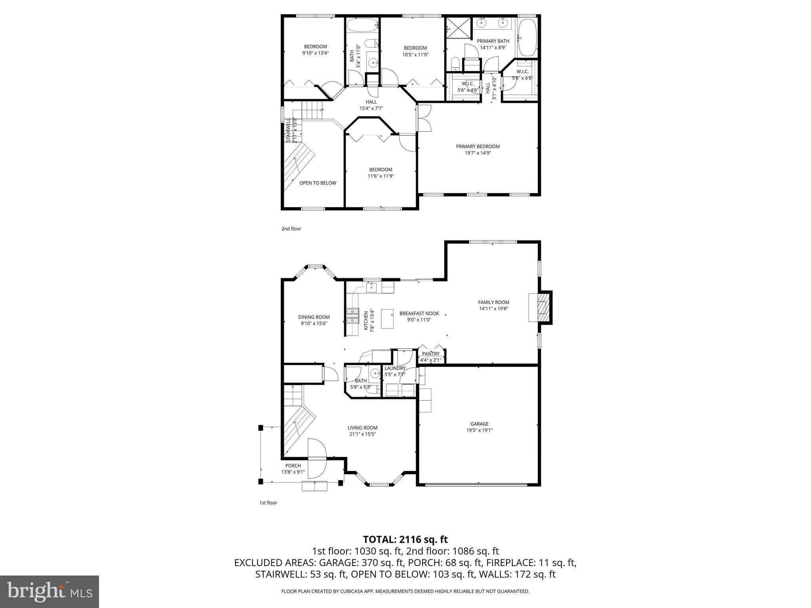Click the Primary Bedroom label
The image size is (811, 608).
[478, 146]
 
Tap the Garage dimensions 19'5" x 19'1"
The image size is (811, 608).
[479, 430]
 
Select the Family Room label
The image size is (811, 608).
[493, 302]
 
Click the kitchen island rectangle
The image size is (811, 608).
[387, 319]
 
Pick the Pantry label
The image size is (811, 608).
[430, 354]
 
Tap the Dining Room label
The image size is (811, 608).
[314, 317]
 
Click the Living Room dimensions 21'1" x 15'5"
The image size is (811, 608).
[362, 434]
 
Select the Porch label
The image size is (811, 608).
[293, 465]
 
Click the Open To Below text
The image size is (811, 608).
[318, 183]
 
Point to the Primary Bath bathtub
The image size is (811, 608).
[527, 38]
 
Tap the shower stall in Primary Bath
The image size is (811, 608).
[459, 28]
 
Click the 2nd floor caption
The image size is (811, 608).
[291, 229]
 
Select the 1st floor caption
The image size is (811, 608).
[268, 503]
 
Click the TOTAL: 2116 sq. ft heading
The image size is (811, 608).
[405, 540]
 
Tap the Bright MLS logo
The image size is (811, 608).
[49, 591]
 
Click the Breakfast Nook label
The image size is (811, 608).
[419, 313]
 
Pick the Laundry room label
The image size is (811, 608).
[395, 368]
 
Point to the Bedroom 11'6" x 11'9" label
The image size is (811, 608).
[381, 170]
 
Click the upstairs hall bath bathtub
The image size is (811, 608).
[362, 26]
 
